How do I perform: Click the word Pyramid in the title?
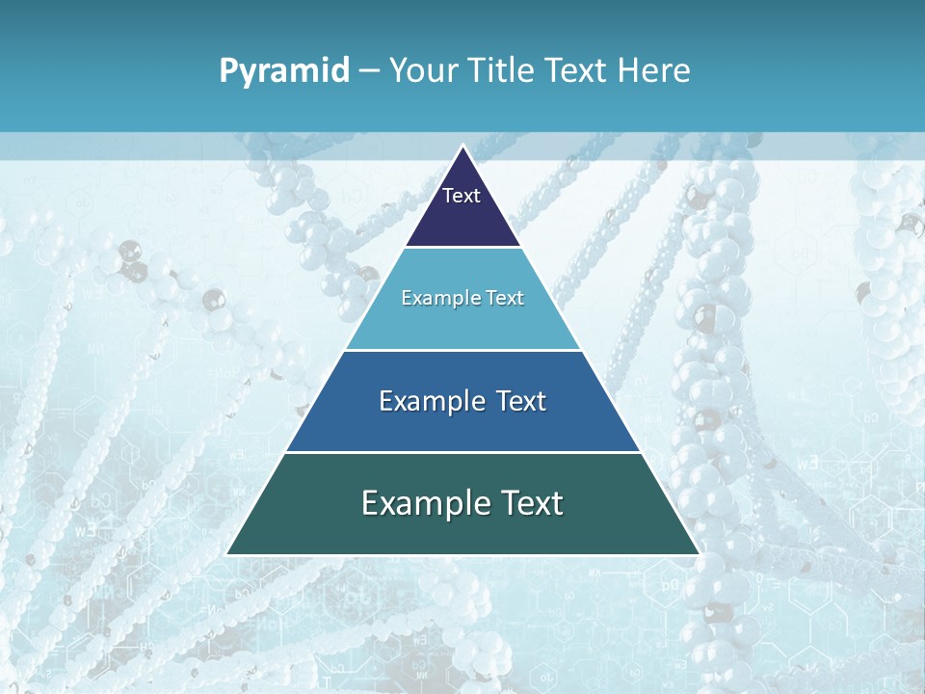coord(284,71)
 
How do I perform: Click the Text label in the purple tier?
coord(462,196)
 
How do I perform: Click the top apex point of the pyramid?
coord(462,147)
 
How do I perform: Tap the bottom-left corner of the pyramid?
coord(227,554)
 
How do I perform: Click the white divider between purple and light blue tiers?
coord(462,248)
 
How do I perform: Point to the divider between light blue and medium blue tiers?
coord(462,350)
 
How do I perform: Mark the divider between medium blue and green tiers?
coord(462,452)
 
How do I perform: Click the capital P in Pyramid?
coord(228,70)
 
